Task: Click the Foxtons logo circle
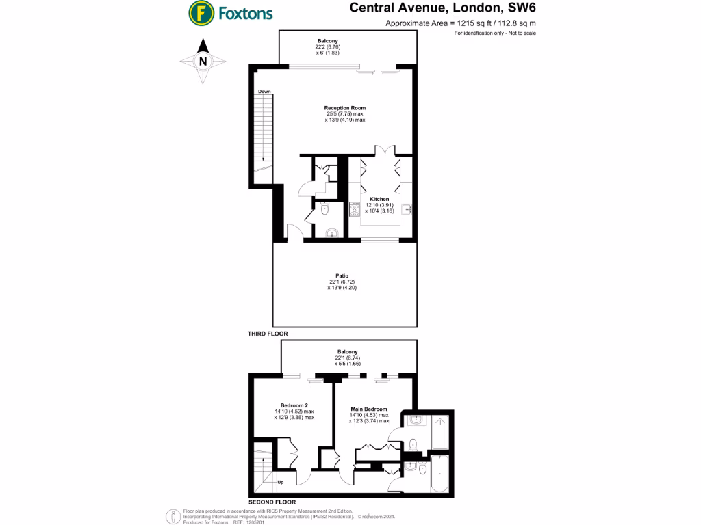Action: coord(199,12)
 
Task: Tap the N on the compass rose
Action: coord(203,61)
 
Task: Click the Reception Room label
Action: coord(345,108)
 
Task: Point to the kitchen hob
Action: coord(355,210)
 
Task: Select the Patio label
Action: coord(342,275)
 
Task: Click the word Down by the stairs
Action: coord(265,92)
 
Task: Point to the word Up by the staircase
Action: coord(280,482)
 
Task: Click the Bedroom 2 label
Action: coord(294,405)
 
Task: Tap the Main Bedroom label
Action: coord(369,408)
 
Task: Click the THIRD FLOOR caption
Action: coord(268,334)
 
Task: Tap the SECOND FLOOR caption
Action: coord(272,502)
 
